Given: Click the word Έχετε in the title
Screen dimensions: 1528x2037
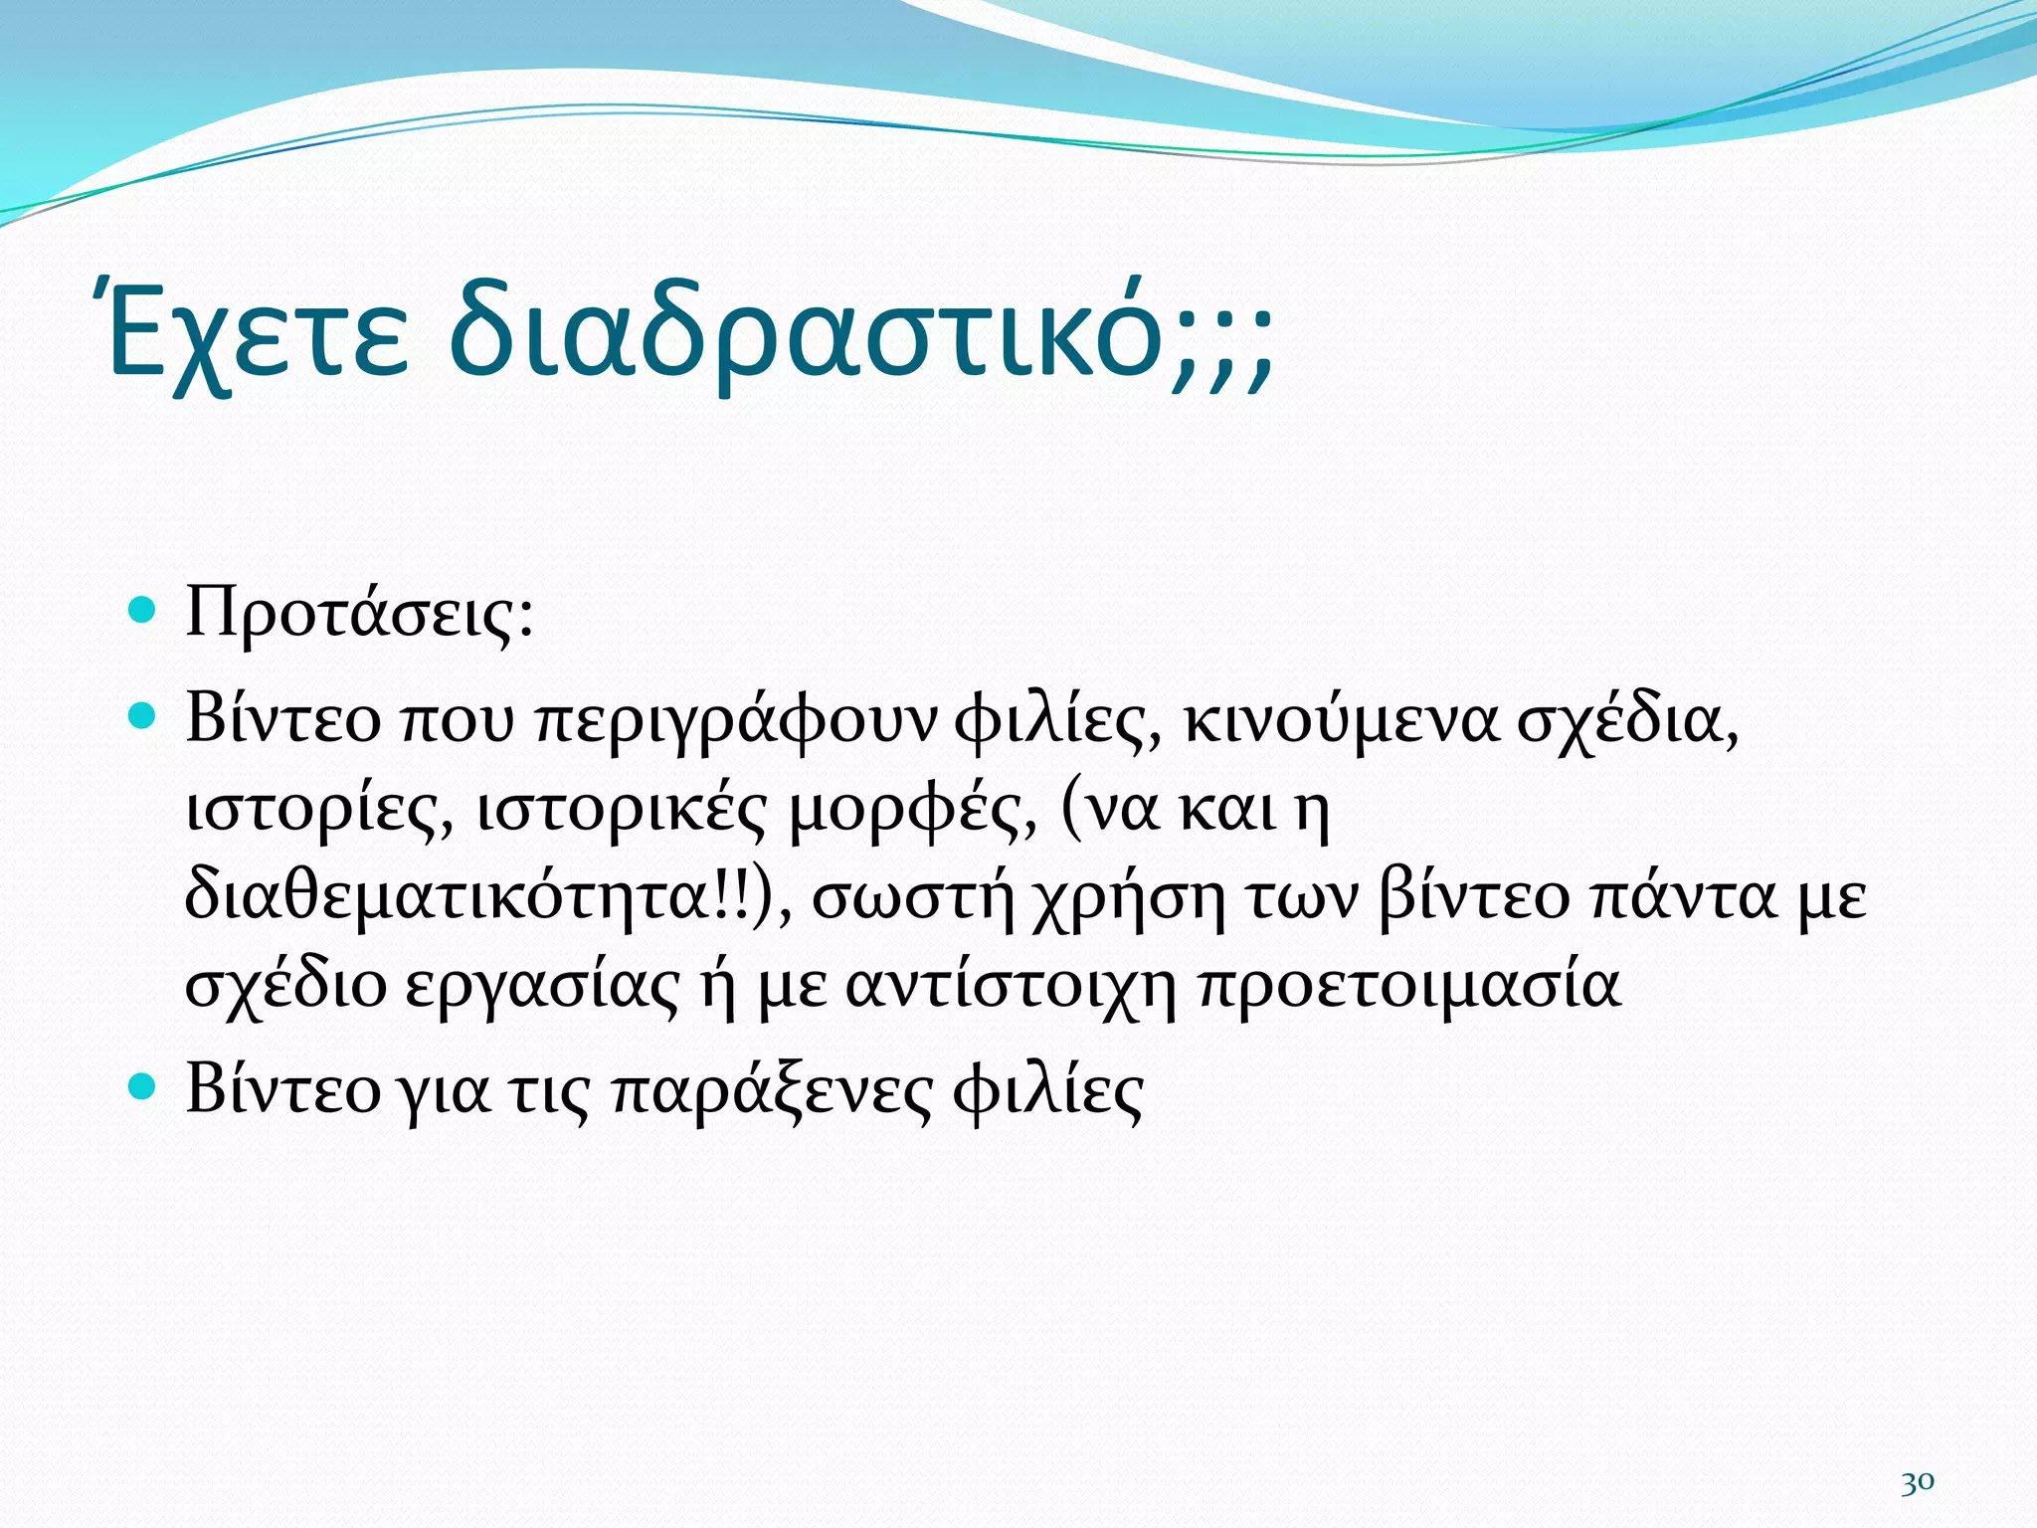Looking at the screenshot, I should point(257,334).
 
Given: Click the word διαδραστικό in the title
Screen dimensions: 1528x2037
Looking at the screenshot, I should point(806,334).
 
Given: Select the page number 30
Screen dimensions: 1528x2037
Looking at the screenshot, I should point(1917,1481).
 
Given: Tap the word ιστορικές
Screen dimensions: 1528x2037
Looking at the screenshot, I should point(622,810).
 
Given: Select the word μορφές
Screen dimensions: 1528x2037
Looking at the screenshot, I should point(913,810).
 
